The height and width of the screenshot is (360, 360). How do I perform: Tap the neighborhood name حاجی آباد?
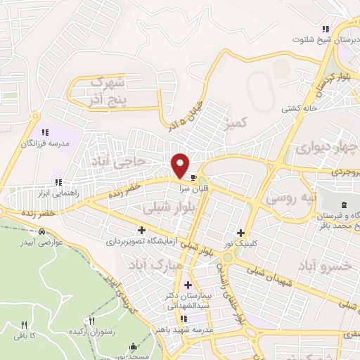pyautogui.click(x=124, y=162)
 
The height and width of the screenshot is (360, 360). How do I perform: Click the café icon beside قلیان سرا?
pyautogui.click(x=193, y=177)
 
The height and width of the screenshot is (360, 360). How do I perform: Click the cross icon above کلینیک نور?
pyautogui.click(x=241, y=233)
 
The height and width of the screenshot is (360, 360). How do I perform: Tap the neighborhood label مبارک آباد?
pyautogui.click(x=155, y=265)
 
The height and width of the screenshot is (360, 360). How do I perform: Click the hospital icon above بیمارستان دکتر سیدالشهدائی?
pyautogui.click(x=187, y=285)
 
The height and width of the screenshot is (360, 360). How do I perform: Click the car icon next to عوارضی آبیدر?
pyautogui.click(x=43, y=231)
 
